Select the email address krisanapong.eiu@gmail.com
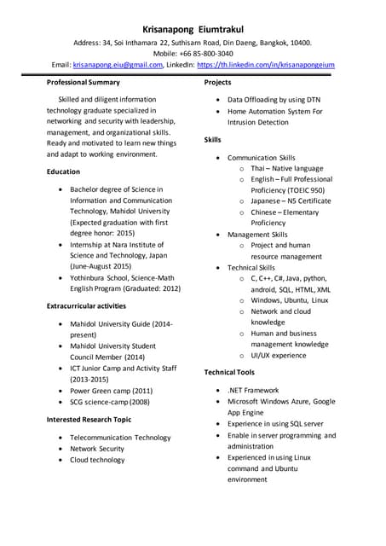coord(117,64)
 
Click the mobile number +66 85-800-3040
coord(210,53)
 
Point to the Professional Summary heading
coord(83,82)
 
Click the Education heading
coord(64,171)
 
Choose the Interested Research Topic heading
coord(89,420)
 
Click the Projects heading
coord(218,82)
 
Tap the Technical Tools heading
coord(229,372)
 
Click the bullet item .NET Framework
coord(253,390)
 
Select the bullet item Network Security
coord(97,448)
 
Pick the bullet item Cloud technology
coord(97,459)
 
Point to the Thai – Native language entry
coord(286,168)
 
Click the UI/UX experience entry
coord(278,355)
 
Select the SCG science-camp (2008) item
coord(109,401)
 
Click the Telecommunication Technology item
coord(120,437)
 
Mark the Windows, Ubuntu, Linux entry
coord(289,300)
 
